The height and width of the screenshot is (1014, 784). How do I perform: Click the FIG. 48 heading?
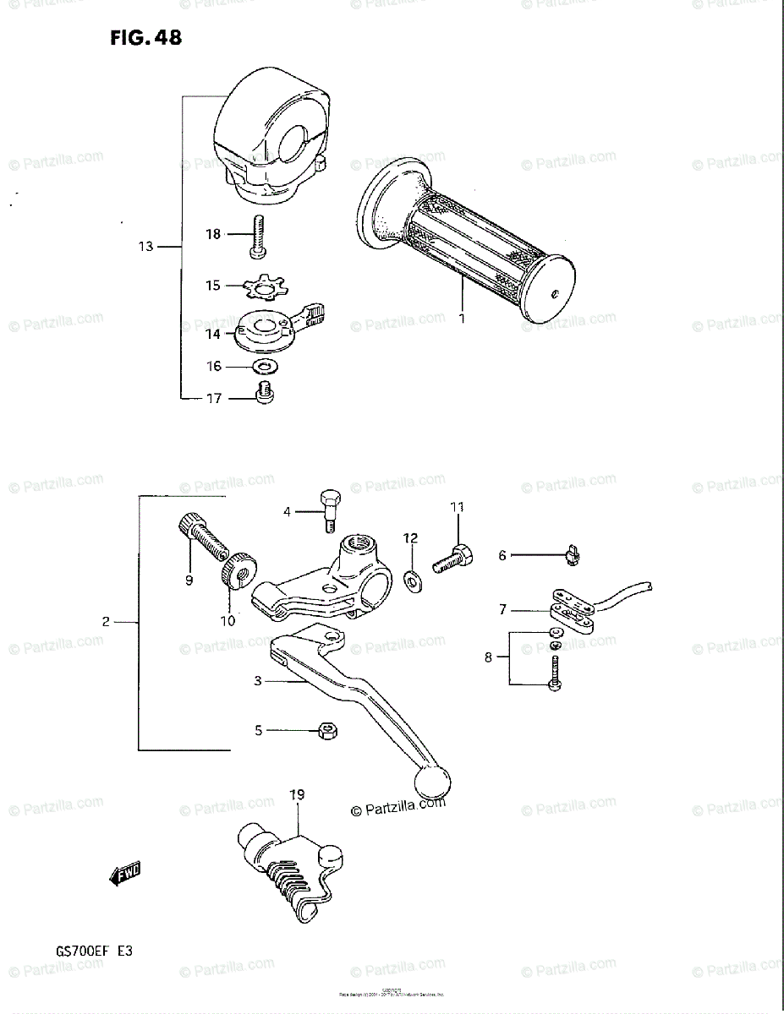(x=145, y=38)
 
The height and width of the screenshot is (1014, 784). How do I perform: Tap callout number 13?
(x=146, y=247)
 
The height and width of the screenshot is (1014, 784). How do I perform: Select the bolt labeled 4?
(x=330, y=510)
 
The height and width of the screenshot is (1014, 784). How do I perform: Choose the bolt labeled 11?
(x=454, y=558)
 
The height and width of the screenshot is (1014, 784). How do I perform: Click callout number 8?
(x=488, y=657)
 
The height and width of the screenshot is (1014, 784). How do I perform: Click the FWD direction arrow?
(x=124, y=875)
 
